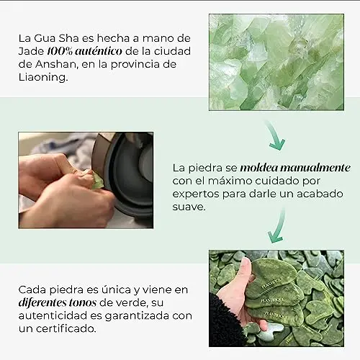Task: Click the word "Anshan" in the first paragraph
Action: tap(55, 64)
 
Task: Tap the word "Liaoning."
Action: tap(43, 77)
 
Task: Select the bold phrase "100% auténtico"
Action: tap(84, 51)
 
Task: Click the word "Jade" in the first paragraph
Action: tap(31, 51)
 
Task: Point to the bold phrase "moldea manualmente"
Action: tap(295, 168)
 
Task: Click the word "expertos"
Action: tap(196, 194)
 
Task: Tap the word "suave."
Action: tap(189, 207)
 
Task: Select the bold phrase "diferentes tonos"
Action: tap(58, 302)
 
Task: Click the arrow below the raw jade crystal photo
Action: tap(275, 135)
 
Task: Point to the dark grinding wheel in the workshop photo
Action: tap(127, 173)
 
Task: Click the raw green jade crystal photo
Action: tap(276, 62)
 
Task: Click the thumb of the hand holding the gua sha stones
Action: tap(245, 269)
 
